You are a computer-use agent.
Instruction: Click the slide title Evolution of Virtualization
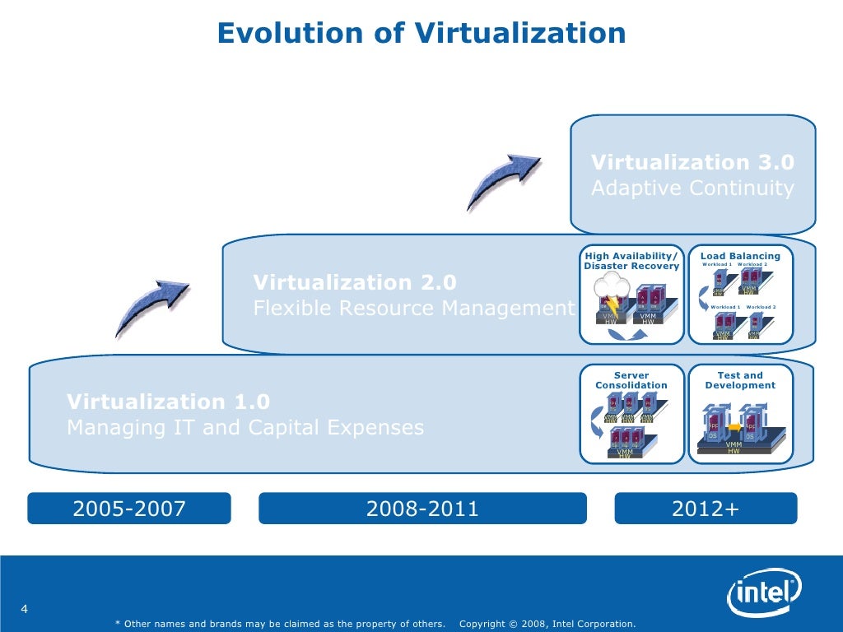(421, 33)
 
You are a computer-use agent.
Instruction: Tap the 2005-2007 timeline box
(129, 509)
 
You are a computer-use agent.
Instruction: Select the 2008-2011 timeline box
(422, 509)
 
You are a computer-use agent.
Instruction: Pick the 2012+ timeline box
(706, 509)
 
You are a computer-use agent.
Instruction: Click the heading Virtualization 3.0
(692, 162)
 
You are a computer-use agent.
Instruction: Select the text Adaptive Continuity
(692, 188)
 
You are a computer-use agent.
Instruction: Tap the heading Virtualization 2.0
(354, 283)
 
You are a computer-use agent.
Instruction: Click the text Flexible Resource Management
(412, 309)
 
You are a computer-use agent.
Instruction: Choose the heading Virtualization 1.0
(168, 402)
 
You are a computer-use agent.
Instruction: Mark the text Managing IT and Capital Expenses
(245, 428)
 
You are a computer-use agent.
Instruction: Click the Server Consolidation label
(631, 380)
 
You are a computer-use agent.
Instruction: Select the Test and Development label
(740, 380)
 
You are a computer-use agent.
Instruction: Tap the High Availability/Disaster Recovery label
(631, 261)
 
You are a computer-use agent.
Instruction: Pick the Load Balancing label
(740, 256)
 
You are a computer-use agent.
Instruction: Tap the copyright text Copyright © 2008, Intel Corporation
(547, 624)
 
